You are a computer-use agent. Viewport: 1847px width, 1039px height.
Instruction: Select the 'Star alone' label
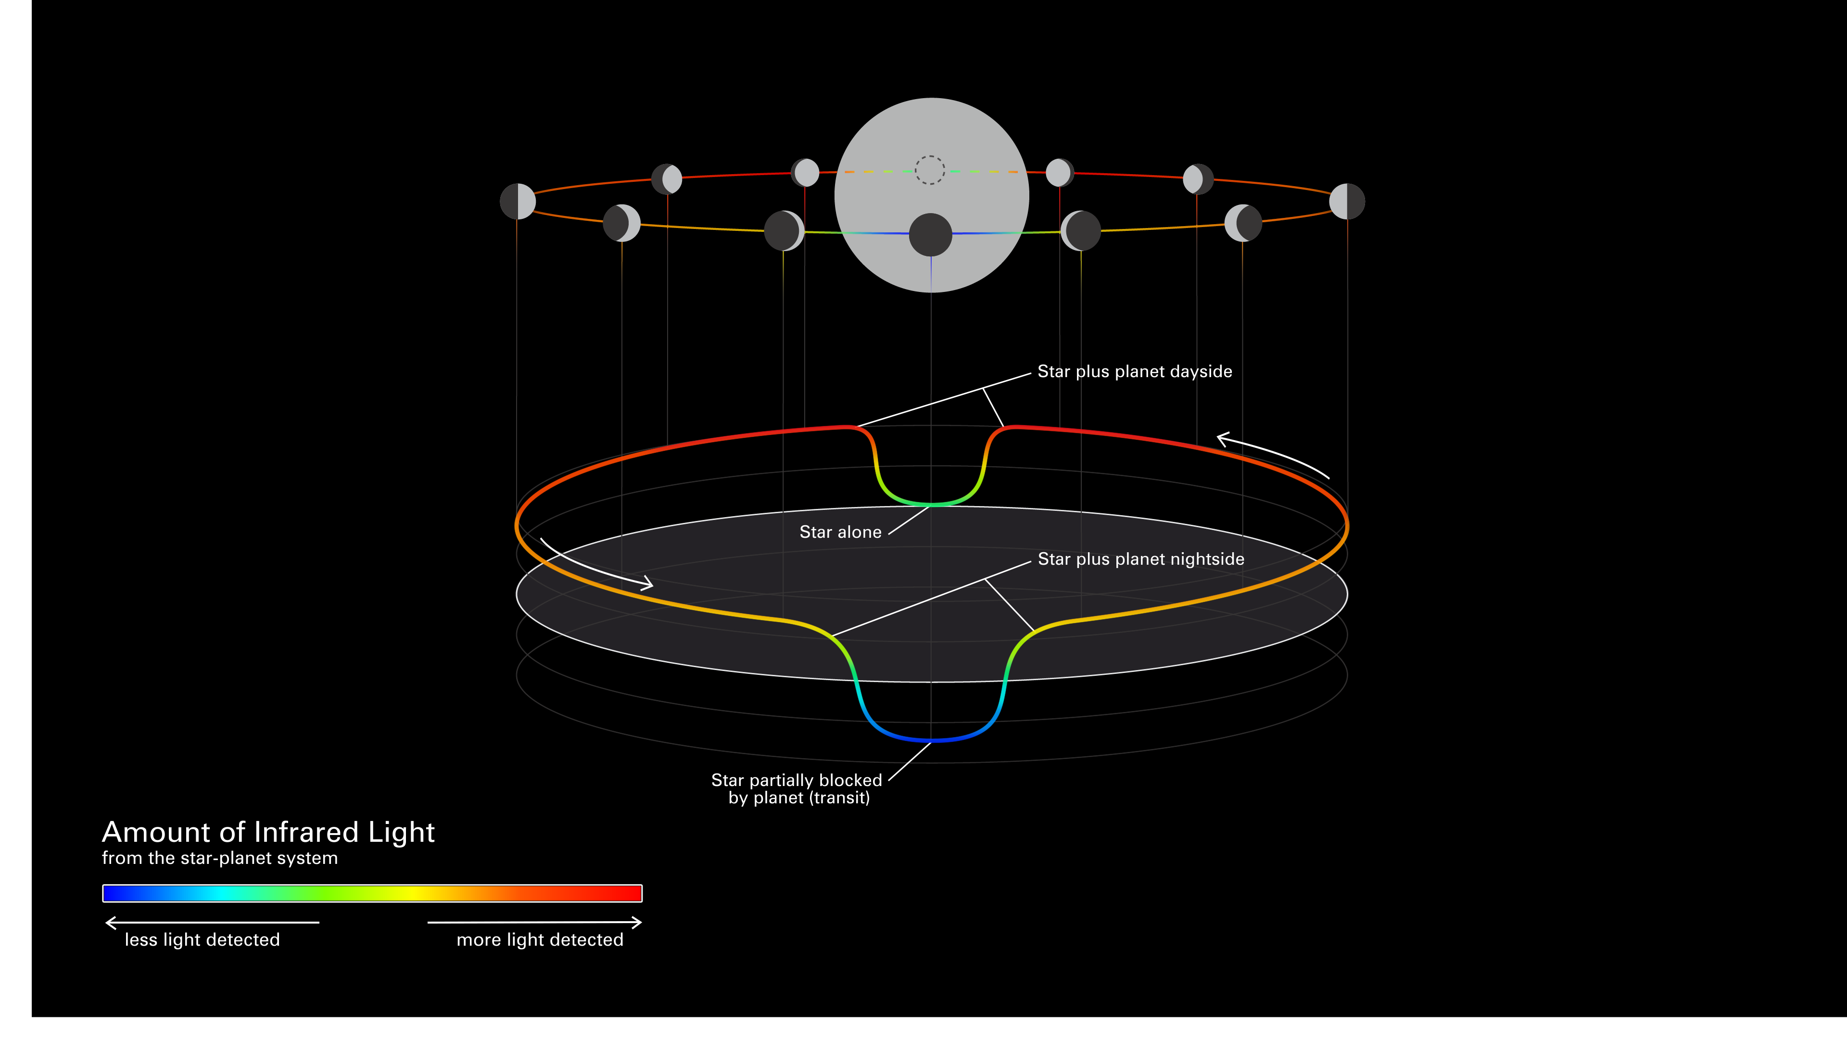click(840, 532)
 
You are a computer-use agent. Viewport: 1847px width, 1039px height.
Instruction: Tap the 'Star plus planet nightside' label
click(1141, 559)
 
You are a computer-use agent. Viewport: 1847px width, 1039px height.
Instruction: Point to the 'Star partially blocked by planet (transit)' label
click(797, 789)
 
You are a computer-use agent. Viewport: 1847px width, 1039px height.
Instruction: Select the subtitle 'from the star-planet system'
click(219, 858)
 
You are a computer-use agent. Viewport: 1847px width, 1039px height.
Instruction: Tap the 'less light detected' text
click(202, 940)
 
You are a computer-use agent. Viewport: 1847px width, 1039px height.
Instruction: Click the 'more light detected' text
click(540, 940)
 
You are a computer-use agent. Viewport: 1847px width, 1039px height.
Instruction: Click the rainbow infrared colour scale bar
click(372, 893)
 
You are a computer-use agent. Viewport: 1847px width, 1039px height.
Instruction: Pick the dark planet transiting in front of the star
click(931, 234)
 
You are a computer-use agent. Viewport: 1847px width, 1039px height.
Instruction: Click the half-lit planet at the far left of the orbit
click(518, 202)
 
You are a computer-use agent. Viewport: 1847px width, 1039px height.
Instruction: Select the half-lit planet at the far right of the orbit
click(1347, 202)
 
